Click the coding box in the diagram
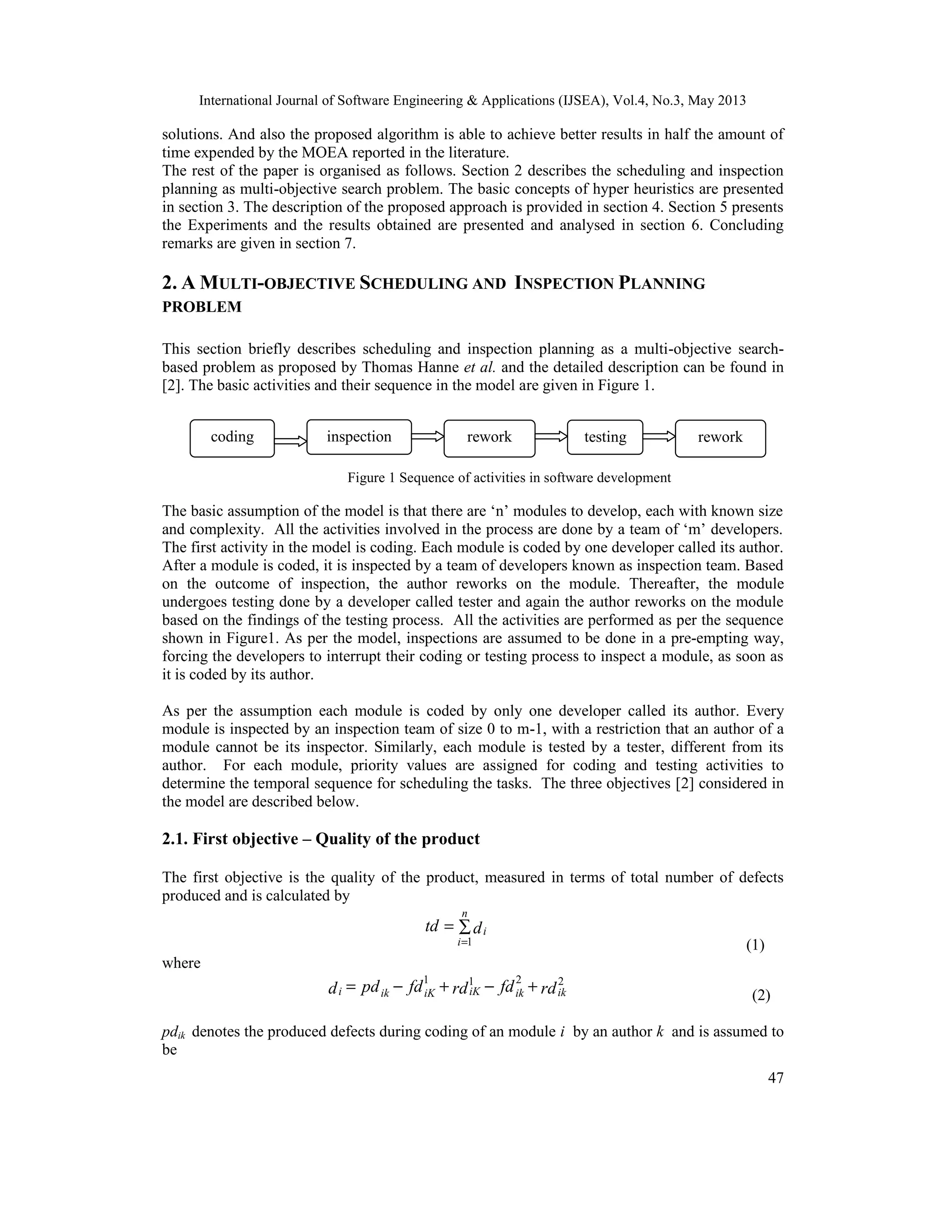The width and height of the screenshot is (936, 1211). click(x=232, y=438)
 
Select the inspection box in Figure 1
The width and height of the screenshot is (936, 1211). click(x=359, y=437)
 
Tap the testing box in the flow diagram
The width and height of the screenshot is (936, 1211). click(x=605, y=437)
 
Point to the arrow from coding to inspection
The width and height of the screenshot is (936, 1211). click(x=291, y=441)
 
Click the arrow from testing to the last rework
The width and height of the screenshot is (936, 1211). click(x=659, y=437)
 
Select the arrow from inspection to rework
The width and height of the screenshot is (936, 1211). click(x=427, y=437)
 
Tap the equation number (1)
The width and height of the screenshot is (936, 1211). click(x=755, y=945)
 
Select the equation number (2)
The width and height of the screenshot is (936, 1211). click(x=761, y=996)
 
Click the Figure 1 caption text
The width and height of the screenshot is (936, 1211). click(x=509, y=478)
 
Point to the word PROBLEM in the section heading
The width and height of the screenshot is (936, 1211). click(x=202, y=307)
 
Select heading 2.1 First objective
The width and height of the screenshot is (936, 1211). click(x=320, y=839)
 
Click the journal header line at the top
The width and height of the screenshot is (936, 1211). click(x=472, y=101)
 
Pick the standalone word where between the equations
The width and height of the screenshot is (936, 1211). click(x=181, y=962)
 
